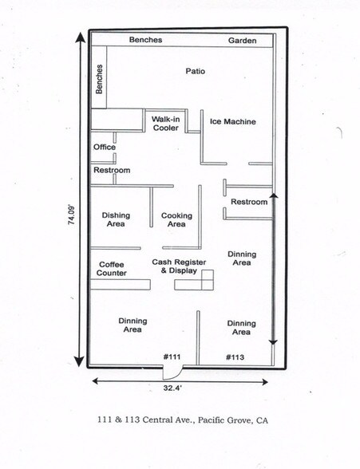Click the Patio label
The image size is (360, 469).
(x=195, y=71)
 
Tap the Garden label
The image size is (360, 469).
(x=242, y=41)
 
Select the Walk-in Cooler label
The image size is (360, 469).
(x=165, y=124)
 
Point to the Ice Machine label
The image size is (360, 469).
(x=232, y=121)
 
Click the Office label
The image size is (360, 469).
(x=105, y=147)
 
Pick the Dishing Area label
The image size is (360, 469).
(x=116, y=219)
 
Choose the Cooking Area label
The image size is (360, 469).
(x=176, y=220)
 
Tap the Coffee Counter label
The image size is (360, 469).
(x=111, y=269)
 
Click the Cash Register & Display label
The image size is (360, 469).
(x=179, y=266)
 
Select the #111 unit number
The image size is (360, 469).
(x=172, y=357)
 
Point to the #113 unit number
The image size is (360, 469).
(x=235, y=357)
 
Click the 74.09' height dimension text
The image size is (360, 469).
(x=72, y=215)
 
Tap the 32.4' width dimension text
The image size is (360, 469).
(x=172, y=388)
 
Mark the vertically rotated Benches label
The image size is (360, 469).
(x=99, y=79)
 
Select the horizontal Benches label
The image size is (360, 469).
(x=145, y=40)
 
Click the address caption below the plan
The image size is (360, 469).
(x=183, y=420)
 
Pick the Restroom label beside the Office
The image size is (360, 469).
(x=112, y=170)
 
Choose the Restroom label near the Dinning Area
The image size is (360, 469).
(x=249, y=202)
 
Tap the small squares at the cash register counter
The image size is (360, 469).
(x=208, y=280)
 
